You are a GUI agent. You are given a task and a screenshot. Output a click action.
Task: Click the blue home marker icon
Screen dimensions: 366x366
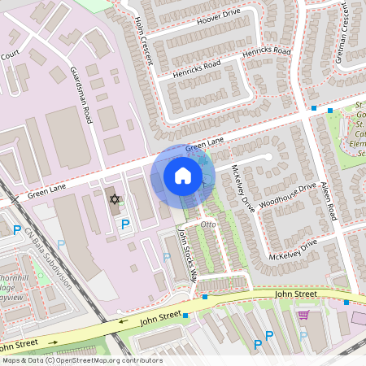(183, 176)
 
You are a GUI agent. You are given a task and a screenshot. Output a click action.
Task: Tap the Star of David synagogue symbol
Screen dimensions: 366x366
(115, 199)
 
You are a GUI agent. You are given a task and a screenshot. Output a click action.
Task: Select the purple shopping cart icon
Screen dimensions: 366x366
(304, 314)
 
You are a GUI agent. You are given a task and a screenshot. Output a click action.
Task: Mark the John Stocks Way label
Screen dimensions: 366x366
(188, 253)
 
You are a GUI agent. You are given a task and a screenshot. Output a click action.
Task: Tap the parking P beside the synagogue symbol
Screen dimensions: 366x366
(124, 224)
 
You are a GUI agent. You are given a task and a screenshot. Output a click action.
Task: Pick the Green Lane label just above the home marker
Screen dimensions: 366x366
(204, 145)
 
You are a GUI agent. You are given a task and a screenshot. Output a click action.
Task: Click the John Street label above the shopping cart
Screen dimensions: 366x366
(294, 294)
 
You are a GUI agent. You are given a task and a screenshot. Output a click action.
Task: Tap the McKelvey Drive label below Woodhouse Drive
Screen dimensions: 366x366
(297, 248)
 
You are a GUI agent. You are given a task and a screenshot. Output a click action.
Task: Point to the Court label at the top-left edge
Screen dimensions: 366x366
(10, 55)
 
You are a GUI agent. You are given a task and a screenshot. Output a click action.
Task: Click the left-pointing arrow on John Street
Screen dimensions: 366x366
(122, 321)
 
